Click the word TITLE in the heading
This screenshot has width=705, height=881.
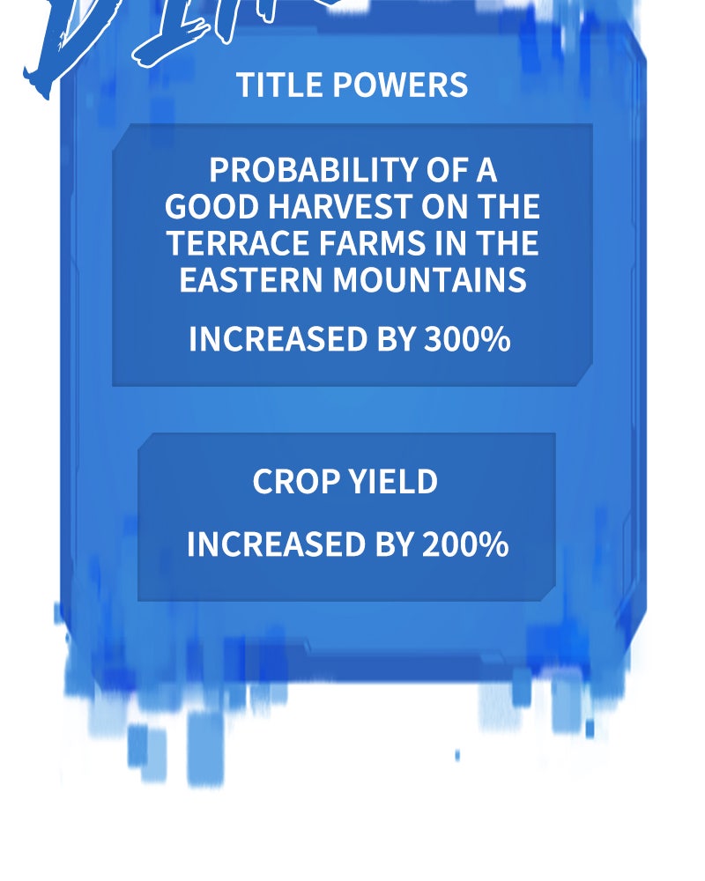(x=280, y=85)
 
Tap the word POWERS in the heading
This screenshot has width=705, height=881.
(x=400, y=85)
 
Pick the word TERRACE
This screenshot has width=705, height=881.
(x=238, y=243)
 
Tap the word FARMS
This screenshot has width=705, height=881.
(x=372, y=243)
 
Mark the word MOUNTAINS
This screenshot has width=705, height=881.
(x=429, y=279)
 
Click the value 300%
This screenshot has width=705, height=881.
(x=467, y=339)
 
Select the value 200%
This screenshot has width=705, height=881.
(x=465, y=544)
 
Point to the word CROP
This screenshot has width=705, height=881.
(x=296, y=482)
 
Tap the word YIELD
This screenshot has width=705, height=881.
(x=393, y=482)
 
